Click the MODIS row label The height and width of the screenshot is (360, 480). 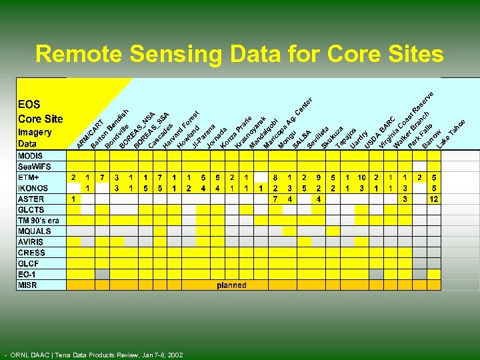(x=30, y=156)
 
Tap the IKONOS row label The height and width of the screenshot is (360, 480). (x=32, y=188)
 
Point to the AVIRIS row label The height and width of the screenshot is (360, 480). (x=31, y=242)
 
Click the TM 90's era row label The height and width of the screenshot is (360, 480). (x=39, y=221)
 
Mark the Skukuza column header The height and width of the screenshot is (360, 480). (x=332, y=137)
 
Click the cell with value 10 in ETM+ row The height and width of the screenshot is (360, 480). (x=361, y=178)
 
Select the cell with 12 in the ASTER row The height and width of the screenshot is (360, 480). (x=433, y=199)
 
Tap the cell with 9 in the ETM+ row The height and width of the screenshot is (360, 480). (x=319, y=178)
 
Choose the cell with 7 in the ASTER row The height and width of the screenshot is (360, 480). (x=275, y=199)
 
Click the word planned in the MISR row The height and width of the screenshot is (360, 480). (x=231, y=285)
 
